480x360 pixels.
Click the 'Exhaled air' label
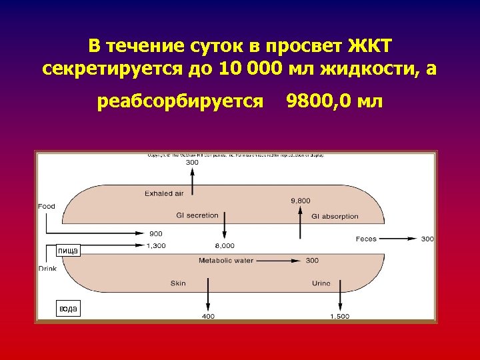click(163, 193)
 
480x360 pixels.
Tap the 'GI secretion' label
click(197, 215)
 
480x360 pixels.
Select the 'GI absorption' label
click(335, 216)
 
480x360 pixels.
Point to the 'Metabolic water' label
click(226, 261)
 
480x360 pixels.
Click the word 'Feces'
click(366, 239)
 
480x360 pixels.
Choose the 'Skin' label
click(178, 283)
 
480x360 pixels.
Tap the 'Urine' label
click(321, 283)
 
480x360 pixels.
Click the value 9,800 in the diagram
click(301, 200)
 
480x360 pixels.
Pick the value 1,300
click(155, 245)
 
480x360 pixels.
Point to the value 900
click(155, 233)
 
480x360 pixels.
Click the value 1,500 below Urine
click(339, 316)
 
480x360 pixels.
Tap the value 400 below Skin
click(208, 316)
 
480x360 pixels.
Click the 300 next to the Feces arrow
click(427, 239)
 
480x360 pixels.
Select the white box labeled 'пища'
click(67, 250)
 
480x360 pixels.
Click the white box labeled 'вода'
click(68, 308)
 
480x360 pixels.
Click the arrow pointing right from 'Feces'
click(400, 239)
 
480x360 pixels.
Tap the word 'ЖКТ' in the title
click(371, 46)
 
